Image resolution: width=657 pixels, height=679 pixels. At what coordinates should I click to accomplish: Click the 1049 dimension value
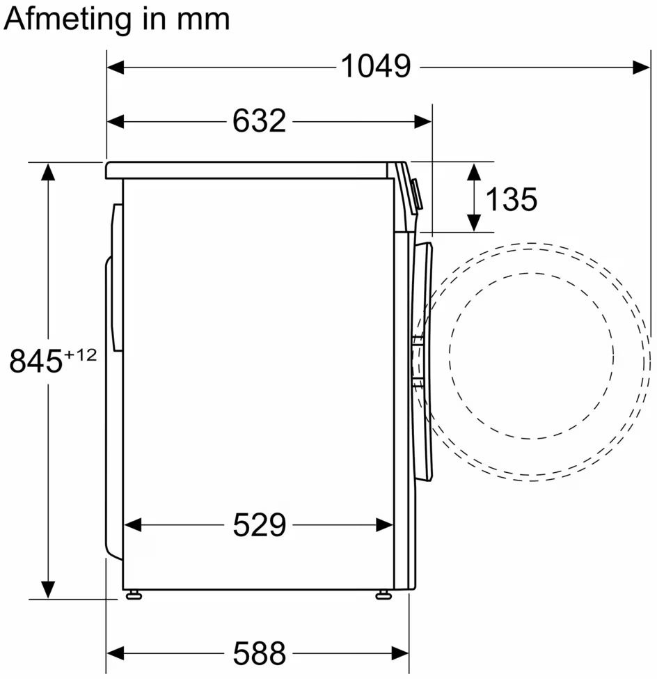[376, 66]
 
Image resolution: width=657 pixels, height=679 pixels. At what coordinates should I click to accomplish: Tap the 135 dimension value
[511, 199]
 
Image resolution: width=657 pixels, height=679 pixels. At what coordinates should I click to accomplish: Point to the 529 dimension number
[260, 525]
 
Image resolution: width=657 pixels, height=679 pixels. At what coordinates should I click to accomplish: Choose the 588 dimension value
[260, 653]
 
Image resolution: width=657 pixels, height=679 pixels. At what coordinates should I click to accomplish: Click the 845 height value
[36, 361]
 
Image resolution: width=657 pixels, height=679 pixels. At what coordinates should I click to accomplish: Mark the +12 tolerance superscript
[81, 355]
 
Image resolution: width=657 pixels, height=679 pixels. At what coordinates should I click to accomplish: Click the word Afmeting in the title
[68, 20]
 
